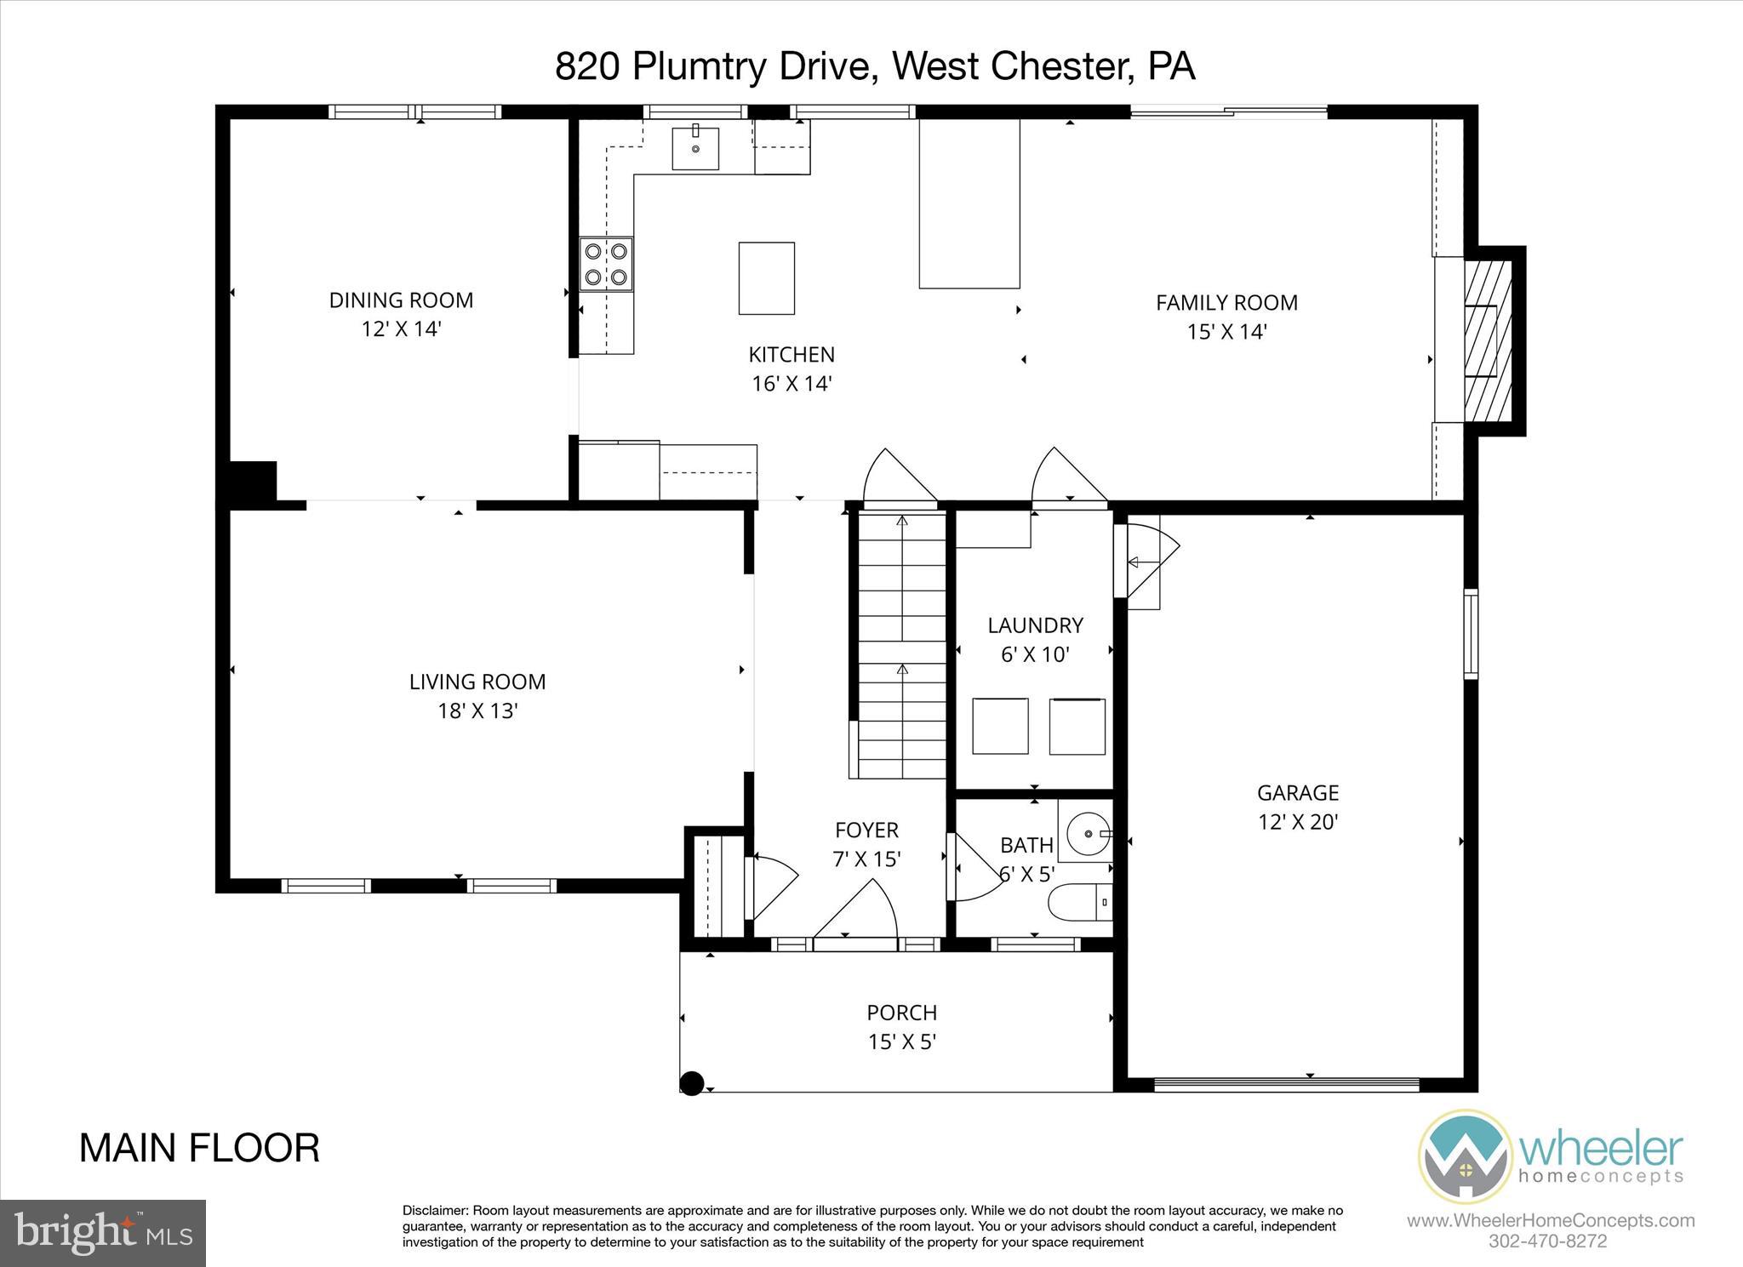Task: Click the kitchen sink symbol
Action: click(x=695, y=149)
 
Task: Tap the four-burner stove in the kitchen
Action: click(x=606, y=264)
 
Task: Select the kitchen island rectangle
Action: click(x=766, y=278)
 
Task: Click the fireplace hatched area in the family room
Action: click(x=1488, y=340)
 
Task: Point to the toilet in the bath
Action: click(x=1079, y=904)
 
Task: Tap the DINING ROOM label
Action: click(x=401, y=300)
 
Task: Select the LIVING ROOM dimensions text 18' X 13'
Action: click(x=477, y=711)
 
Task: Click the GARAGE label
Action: click(x=1298, y=793)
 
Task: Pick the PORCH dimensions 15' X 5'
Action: click(x=902, y=1042)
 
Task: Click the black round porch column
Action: click(x=692, y=1083)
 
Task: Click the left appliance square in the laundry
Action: click(x=1000, y=726)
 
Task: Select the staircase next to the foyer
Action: click(x=900, y=647)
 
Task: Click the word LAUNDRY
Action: click(x=1035, y=625)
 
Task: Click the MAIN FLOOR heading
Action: click(x=199, y=1148)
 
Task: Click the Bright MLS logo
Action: click(x=103, y=1234)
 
